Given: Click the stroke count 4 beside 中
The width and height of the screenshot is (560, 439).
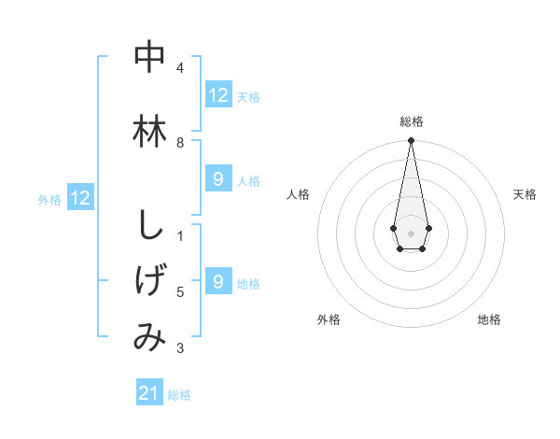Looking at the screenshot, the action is (x=180, y=68).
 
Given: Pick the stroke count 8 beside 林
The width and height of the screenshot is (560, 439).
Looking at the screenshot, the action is (x=180, y=142).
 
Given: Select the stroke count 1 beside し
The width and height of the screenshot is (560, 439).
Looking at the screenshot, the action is (x=180, y=236).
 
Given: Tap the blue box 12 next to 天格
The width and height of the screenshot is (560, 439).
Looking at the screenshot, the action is (x=218, y=95).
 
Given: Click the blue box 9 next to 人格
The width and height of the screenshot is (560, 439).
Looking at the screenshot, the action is (x=218, y=179).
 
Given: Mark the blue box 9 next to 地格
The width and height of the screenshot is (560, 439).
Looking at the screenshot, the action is (x=218, y=282).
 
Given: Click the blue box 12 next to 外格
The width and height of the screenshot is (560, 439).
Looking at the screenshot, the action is (x=80, y=198).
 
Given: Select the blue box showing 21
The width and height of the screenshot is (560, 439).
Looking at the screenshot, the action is (x=149, y=394).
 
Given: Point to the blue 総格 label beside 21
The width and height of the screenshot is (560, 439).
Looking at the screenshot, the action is (x=179, y=395).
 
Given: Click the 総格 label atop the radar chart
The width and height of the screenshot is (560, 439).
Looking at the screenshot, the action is (x=411, y=121).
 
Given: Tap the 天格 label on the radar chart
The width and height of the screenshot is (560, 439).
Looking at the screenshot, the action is (x=525, y=194).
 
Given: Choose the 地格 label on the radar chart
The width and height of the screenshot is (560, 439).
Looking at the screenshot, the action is (x=489, y=319).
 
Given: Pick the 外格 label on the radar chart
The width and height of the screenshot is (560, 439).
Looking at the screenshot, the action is (x=329, y=319).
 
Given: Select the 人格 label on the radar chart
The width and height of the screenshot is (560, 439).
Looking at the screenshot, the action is (x=298, y=194).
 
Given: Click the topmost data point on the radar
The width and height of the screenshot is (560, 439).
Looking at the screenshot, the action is (x=411, y=141).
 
